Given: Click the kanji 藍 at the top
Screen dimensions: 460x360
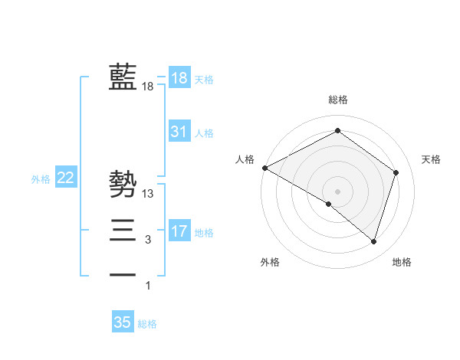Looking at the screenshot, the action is click(123, 77).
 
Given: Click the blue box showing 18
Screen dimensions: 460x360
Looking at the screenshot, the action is click(179, 77).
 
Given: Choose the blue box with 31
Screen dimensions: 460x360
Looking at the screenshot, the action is click(179, 132).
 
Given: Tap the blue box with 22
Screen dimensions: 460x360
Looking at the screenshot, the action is click(66, 178).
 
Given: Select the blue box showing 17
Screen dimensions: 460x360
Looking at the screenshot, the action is click(179, 231).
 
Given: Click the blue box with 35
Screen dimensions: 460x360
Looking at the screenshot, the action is click(123, 322).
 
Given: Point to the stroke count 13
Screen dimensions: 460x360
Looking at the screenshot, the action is click(148, 194).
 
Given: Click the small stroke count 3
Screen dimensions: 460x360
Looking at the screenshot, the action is click(148, 241).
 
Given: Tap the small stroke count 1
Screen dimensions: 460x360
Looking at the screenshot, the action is click(148, 286).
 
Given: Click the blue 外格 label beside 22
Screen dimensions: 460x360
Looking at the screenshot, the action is click(41, 179).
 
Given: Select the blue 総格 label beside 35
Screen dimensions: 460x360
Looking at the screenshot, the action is click(147, 324).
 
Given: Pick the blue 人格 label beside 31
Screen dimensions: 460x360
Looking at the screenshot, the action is click(204, 133).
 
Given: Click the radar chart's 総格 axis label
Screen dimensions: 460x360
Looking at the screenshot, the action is click(337, 100).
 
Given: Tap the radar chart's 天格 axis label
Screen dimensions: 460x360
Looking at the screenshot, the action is click(431, 159).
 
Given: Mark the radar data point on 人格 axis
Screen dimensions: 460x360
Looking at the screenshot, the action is click(264, 167).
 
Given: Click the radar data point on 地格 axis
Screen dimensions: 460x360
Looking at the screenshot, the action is click(373, 241).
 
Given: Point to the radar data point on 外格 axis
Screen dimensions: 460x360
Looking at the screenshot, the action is click(329, 204).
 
